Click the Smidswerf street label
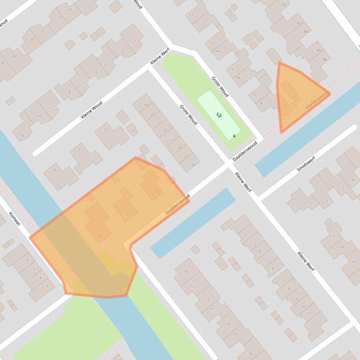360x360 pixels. (306, 164)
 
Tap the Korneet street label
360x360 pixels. (15, 218)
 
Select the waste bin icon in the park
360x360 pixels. (234, 136)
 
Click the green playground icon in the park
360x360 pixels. (219, 115)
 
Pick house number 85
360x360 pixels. (319, 50)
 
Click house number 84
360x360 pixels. (306, 32)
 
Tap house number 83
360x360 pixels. (299, 23)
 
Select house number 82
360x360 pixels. (284, 5)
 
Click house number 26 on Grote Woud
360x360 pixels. (193, 165)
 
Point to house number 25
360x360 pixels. (186, 156)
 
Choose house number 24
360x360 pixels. (180, 148)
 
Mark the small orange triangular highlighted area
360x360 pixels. (295, 96)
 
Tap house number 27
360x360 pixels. (43, 31)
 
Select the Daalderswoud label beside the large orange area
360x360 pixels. (177, 204)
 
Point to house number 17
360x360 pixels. (255, 94)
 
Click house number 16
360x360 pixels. (238, 78)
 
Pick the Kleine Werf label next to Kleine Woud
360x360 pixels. (160, 57)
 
